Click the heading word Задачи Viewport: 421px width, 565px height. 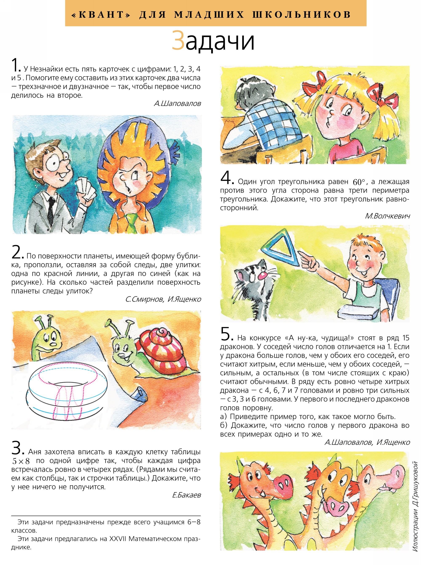pyautogui.click(x=213, y=41)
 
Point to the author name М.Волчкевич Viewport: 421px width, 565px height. pyautogui.click(x=387, y=216)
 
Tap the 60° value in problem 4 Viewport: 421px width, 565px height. pyautogui.click(x=359, y=182)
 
